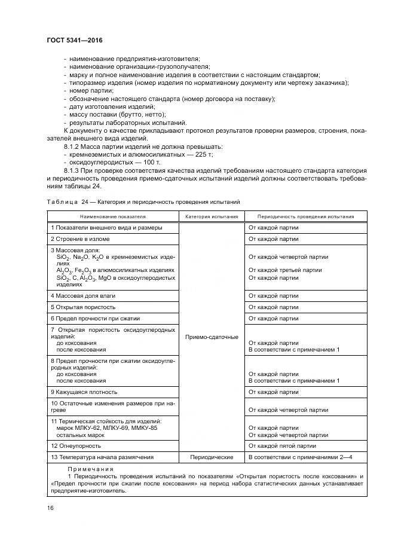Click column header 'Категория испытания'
point(212,217)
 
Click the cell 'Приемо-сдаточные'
point(212,337)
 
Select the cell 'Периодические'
point(212,457)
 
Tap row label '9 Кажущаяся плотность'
point(84,392)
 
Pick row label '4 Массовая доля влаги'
point(82,296)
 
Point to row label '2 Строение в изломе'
point(79,239)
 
